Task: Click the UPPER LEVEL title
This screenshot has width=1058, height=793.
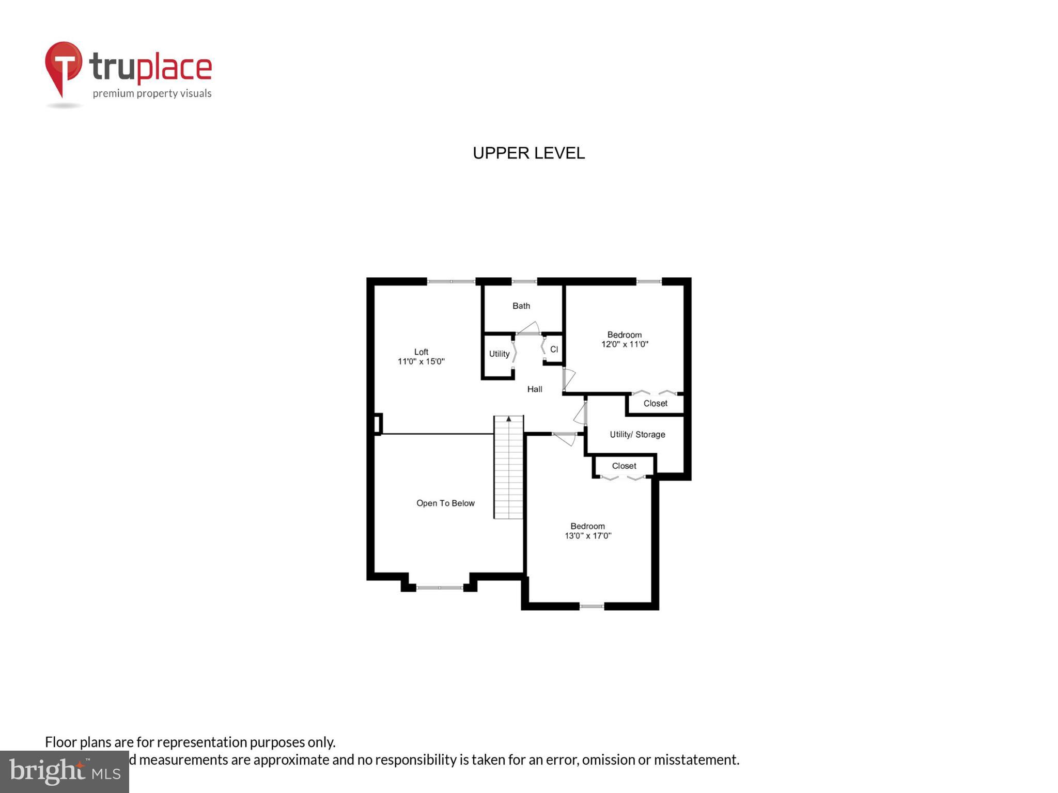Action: pyautogui.click(x=528, y=153)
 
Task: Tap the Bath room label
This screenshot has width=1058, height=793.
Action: pyautogui.click(x=521, y=306)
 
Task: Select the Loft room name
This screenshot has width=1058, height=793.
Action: pyautogui.click(x=421, y=352)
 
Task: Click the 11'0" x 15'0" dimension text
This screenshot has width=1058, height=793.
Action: pyautogui.click(x=421, y=361)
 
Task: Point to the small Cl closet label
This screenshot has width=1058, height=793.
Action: pyautogui.click(x=554, y=350)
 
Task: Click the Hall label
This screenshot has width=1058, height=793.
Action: pyautogui.click(x=534, y=389)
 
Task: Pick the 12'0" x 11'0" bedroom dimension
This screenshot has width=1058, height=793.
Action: pyautogui.click(x=624, y=344)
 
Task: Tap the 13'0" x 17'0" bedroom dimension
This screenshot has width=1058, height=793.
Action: pyautogui.click(x=587, y=536)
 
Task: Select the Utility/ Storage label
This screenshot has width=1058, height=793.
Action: pyautogui.click(x=637, y=435)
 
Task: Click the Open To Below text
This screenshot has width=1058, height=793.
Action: pyautogui.click(x=445, y=503)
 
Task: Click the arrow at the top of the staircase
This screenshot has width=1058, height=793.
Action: pyautogui.click(x=508, y=419)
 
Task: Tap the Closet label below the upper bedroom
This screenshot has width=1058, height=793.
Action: pyautogui.click(x=655, y=404)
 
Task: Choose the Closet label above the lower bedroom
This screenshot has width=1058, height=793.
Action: pyautogui.click(x=624, y=466)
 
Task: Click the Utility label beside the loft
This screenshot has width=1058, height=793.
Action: pyautogui.click(x=499, y=354)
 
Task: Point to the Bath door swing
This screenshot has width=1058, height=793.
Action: pyautogui.click(x=529, y=328)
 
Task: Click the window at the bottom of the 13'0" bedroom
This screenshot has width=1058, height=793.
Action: pyautogui.click(x=592, y=606)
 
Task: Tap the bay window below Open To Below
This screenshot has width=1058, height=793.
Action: pyautogui.click(x=440, y=588)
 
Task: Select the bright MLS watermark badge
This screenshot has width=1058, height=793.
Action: pyautogui.click(x=64, y=772)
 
